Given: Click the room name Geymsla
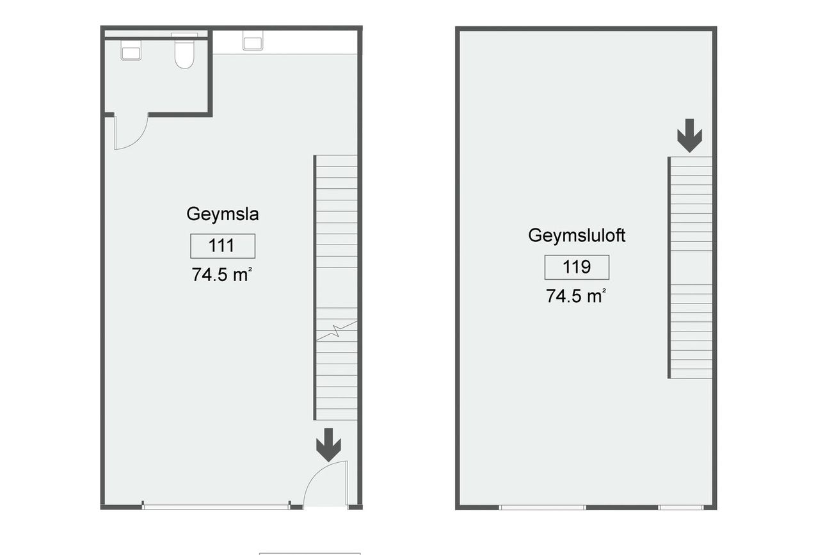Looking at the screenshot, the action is [x=223, y=214].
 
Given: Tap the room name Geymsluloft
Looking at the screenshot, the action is [x=577, y=236].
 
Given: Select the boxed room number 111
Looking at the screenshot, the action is [x=223, y=246].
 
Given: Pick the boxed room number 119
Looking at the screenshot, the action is [x=577, y=267].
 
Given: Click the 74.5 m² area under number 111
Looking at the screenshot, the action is [x=221, y=275].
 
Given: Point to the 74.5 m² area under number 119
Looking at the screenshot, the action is [x=576, y=296].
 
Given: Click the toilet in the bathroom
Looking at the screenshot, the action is [x=184, y=54].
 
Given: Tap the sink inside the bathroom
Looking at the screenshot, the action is [x=131, y=50].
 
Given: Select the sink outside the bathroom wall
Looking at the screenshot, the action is [x=253, y=40].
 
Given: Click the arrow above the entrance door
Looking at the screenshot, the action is [x=329, y=445].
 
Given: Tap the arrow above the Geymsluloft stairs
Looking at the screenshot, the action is [x=690, y=136].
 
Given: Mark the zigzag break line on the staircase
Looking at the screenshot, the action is [x=337, y=330].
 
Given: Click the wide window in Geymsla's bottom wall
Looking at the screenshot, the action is [x=216, y=507].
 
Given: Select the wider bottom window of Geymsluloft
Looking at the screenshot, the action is [x=542, y=507].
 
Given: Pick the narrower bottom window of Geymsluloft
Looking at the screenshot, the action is [x=681, y=507].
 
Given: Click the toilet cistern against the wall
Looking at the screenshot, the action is [x=184, y=35].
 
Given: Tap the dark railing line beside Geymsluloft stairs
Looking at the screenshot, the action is [x=669, y=268].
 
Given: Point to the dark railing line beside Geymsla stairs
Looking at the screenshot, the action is [x=315, y=287].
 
